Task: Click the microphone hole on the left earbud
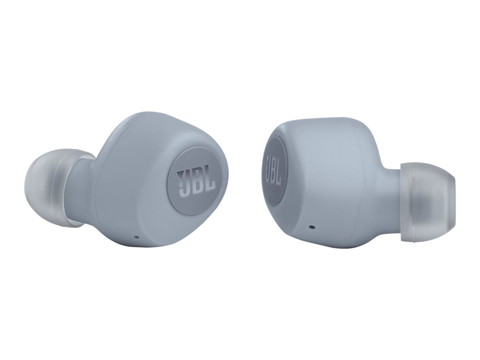137,237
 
